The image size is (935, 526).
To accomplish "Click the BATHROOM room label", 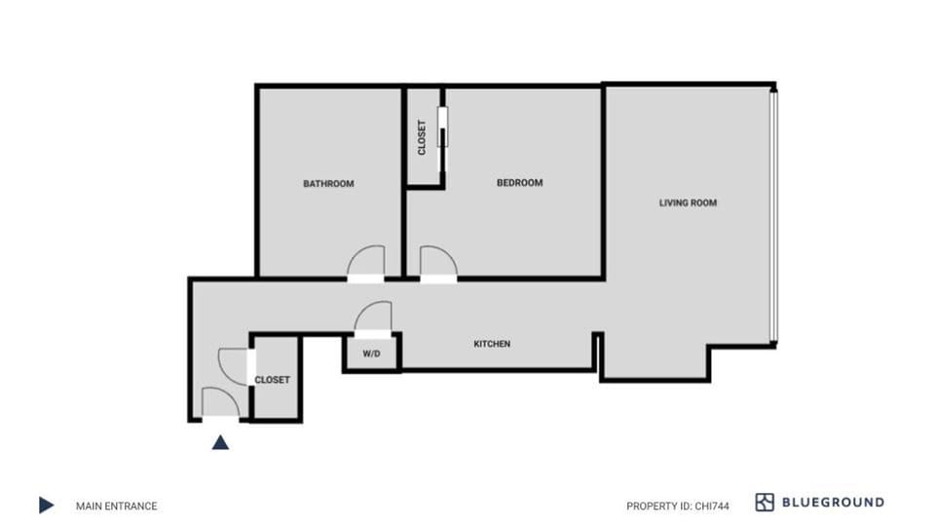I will (x=328, y=183).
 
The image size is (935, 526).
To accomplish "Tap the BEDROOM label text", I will (x=519, y=182).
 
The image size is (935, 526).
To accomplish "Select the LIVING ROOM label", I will (x=688, y=203).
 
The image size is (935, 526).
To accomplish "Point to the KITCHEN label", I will (x=492, y=344).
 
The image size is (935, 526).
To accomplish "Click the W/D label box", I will (x=371, y=355).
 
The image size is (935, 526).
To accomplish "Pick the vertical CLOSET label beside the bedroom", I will (x=422, y=137).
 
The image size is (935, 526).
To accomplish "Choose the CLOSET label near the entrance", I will (x=272, y=380).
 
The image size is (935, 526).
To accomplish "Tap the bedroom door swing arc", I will (x=437, y=262).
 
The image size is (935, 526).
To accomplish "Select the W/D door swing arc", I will (x=372, y=317).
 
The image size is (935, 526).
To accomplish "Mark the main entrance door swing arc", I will (x=220, y=400).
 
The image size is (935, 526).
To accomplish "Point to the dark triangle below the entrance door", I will (x=221, y=442).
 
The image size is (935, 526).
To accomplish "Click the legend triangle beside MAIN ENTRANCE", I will (x=46, y=505).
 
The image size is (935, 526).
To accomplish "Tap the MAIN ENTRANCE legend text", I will (x=116, y=506).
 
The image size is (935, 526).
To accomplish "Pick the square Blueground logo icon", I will (x=765, y=503).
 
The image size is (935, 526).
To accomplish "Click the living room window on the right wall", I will (x=773, y=214).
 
